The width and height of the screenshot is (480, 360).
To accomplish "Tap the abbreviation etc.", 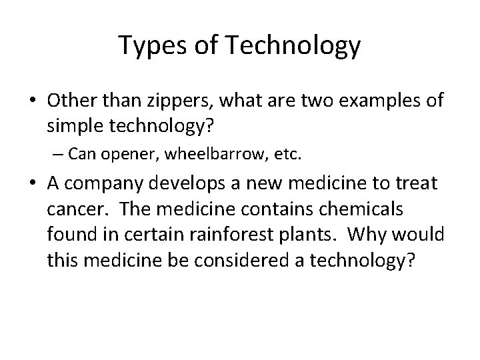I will [x=288, y=156].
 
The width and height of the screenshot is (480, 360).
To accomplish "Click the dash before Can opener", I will [x=61, y=156].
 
